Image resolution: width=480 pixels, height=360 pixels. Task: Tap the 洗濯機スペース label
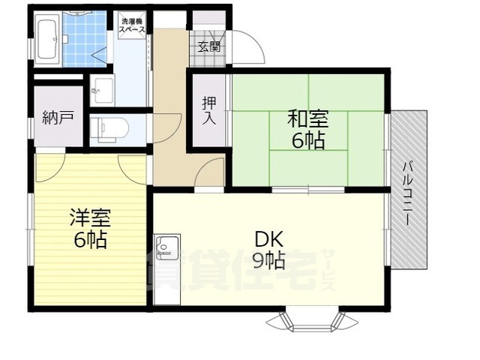click(x=131, y=23)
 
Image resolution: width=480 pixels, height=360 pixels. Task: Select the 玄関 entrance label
click(x=209, y=46)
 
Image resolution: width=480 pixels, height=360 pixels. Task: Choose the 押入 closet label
click(x=208, y=110)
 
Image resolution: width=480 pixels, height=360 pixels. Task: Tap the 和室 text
click(x=308, y=118)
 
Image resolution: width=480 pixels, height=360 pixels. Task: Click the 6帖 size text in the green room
click(x=308, y=139)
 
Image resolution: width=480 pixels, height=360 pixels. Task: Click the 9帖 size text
click(x=268, y=260)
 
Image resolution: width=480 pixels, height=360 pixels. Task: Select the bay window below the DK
click(x=307, y=320)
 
